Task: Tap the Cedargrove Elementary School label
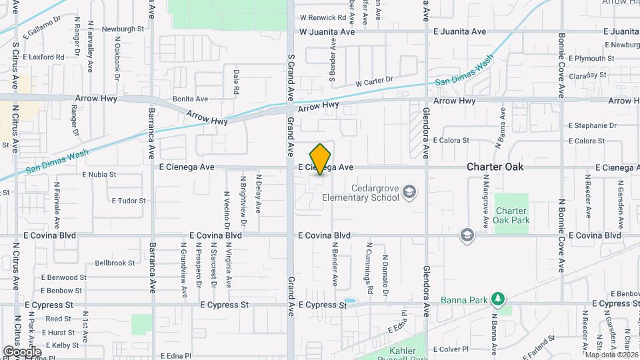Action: [x=360, y=193]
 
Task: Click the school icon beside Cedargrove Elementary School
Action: [x=409, y=193]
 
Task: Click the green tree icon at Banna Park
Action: [x=496, y=297]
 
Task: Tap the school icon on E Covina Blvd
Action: [x=467, y=235]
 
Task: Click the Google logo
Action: [x=21, y=351]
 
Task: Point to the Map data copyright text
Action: [x=611, y=354]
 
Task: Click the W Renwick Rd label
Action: [x=323, y=18]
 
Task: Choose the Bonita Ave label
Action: [x=191, y=99]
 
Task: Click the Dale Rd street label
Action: [x=236, y=81]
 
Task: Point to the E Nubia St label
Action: [x=99, y=175]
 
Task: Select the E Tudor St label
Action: [x=128, y=200]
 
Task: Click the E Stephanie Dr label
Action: [x=592, y=125]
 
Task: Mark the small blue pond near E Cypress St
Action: [x=349, y=301]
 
